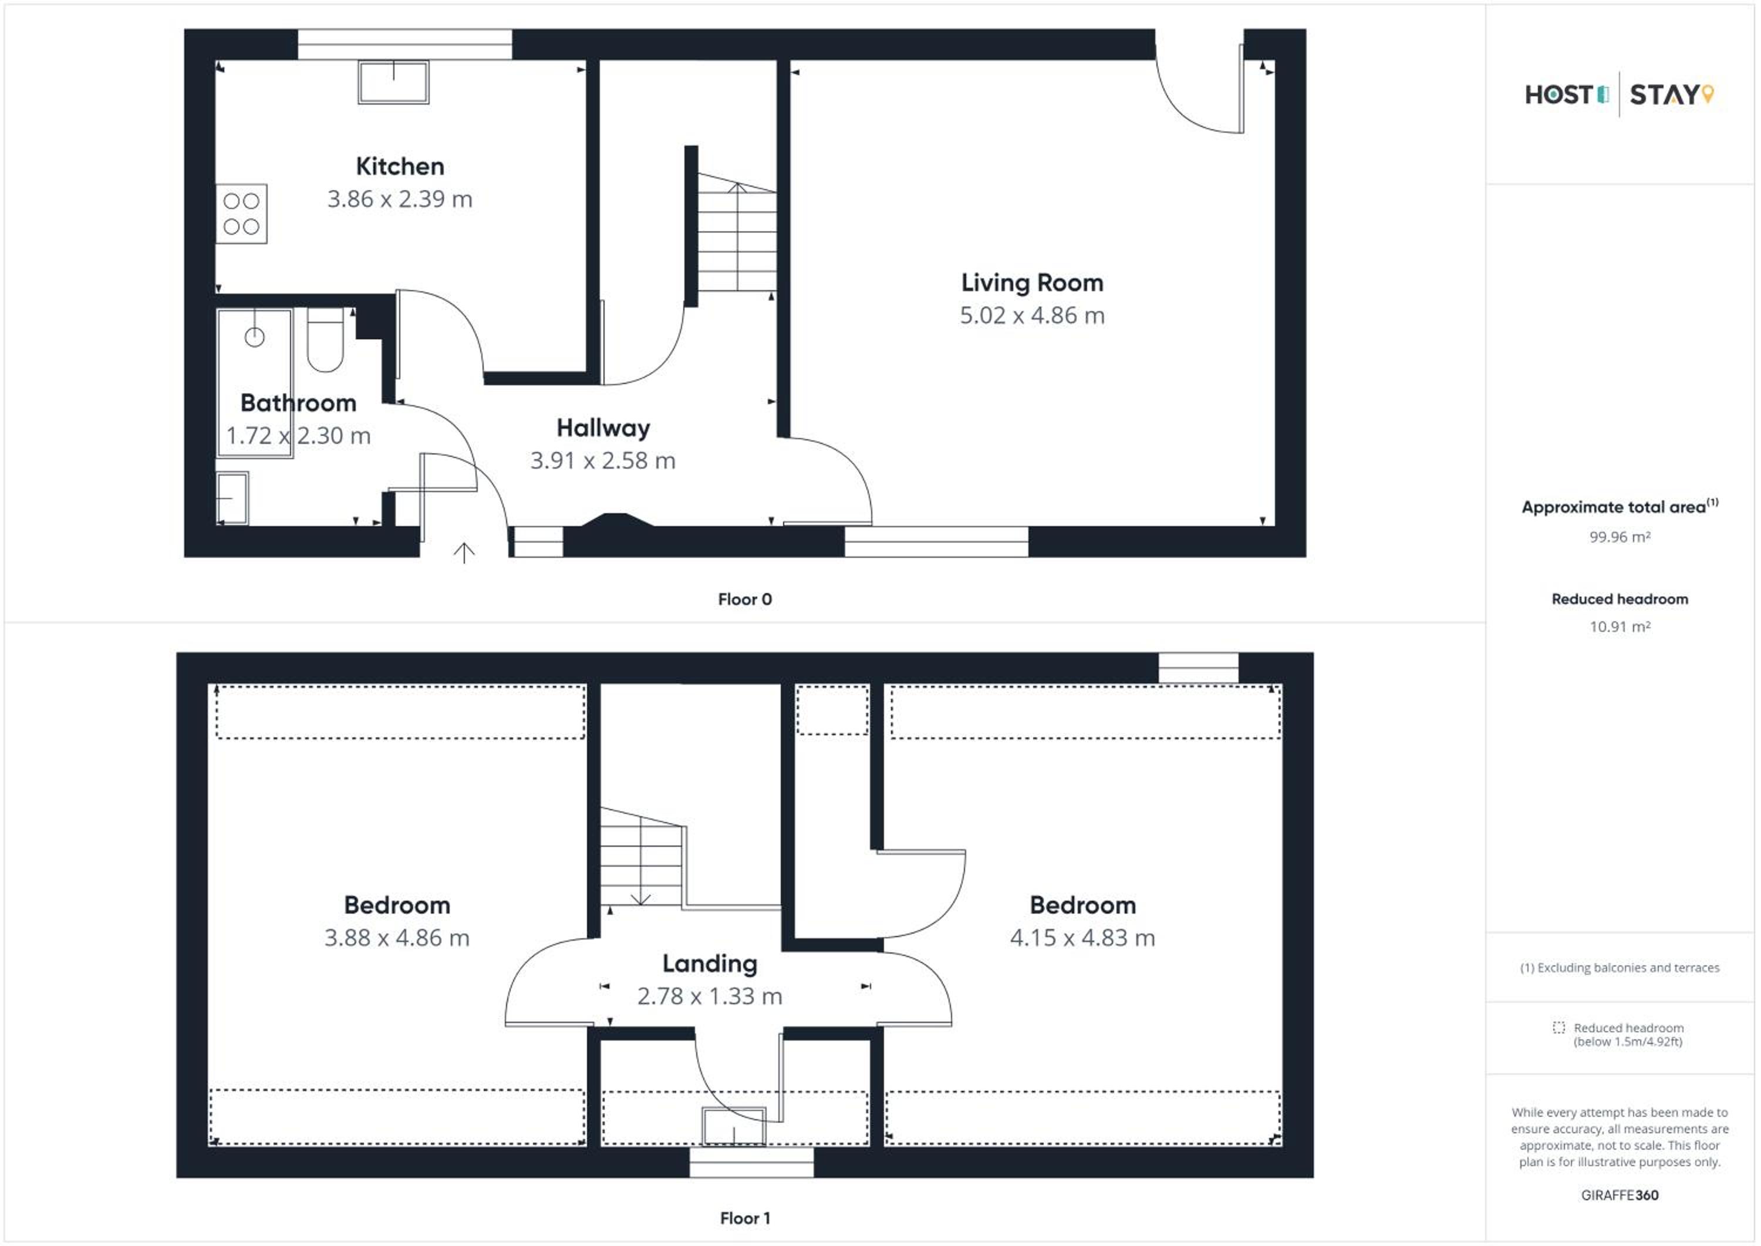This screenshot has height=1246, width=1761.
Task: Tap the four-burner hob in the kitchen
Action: (x=241, y=214)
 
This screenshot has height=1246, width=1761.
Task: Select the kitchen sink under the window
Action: (x=393, y=82)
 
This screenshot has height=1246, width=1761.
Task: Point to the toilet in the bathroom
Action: (x=325, y=341)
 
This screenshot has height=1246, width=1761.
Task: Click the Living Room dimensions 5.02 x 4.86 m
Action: (x=1033, y=315)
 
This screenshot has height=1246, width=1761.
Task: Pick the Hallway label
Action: (x=603, y=428)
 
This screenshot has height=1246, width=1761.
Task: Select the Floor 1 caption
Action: (x=745, y=1218)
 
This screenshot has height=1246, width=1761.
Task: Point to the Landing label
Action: (x=710, y=964)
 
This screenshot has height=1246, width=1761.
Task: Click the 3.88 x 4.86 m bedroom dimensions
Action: (x=397, y=938)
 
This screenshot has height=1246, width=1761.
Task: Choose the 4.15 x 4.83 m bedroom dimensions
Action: (x=1082, y=938)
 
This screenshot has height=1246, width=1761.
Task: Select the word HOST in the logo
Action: (x=1558, y=95)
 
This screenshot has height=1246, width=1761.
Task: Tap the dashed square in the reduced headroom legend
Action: (x=1558, y=1028)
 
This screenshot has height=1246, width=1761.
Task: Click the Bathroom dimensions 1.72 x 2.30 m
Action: (x=298, y=436)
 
